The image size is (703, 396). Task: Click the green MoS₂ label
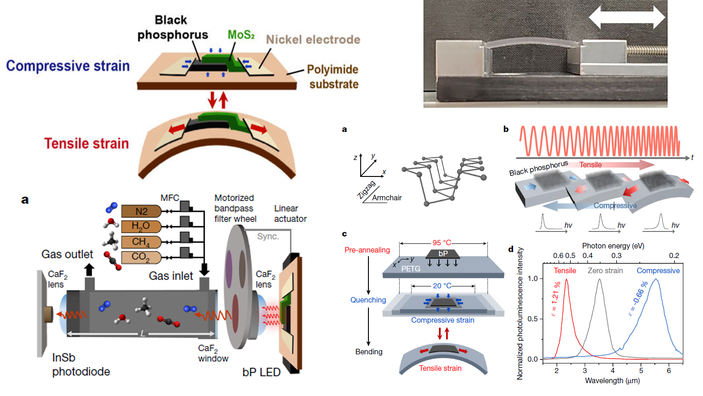pyautogui.click(x=241, y=35)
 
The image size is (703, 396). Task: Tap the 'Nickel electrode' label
pyautogui.click(x=313, y=40)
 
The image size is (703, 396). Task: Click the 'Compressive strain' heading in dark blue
pyautogui.click(x=68, y=66)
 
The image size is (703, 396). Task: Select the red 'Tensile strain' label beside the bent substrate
pyautogui.click(x=87, y=143)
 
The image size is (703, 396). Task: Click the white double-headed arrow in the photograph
pyautogui.click(x=626, y=18)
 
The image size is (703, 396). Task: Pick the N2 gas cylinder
pyautogui.click(x=141, y=211)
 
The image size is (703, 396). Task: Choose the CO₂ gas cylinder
pyautogui.click(x=141, y=257)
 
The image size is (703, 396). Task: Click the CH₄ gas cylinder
pyautogui.click(x=141, y=242)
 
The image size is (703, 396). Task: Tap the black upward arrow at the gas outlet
pyautogui.click(x=90, y=269)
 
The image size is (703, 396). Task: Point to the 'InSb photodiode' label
pyautogui.click(x=81, y=364)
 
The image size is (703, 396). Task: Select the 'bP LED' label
pyautogui.click(x=261, y=372)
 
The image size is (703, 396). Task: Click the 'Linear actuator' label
pyautogui.click(x=290, y=214)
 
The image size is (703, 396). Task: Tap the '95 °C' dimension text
pyautogui.click(x=442, y=243)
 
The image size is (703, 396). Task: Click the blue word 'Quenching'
pyautogui.click(x=368, y=300)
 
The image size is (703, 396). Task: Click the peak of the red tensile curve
pyautogui.click(x=567, y=280)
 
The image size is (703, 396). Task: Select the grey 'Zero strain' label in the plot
pyautogui.click(x=605, y=271)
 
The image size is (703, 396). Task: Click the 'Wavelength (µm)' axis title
pyautogui.click(x=612, y=380)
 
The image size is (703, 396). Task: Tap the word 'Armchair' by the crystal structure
pyautogui.click(x=387, y=198)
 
